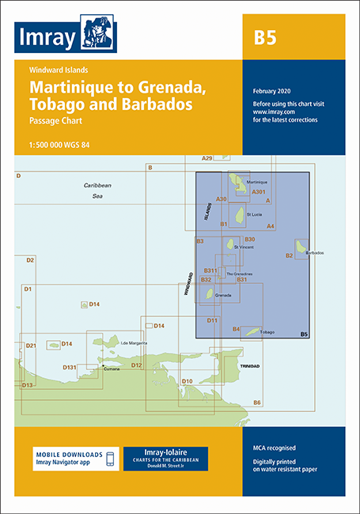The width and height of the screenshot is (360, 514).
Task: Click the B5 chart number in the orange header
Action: (x=265, y=36)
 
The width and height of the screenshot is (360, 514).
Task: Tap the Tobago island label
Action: (x=267, y=332)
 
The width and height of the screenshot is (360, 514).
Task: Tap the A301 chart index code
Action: (x=259, y=191)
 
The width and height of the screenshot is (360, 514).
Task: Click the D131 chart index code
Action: (x=70, y=367)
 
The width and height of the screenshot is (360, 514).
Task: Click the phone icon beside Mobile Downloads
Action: (x=110, y=459)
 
